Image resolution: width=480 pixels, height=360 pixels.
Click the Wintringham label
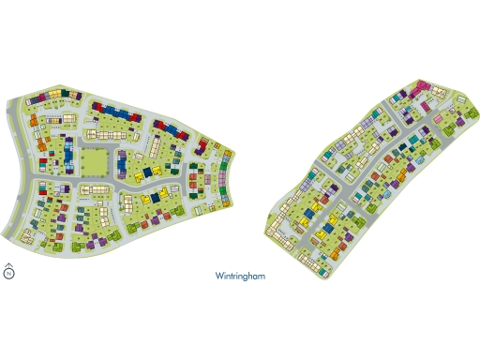point(242,277)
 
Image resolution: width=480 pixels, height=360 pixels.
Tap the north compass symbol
point(8,274)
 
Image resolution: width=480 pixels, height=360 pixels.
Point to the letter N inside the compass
point(8,275)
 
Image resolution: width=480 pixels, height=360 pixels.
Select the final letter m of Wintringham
point(265,277)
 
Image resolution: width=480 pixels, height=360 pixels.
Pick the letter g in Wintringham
point(249,278)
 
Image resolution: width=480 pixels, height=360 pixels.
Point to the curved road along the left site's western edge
point(21,178)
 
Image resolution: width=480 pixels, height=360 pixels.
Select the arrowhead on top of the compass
point(8,265)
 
